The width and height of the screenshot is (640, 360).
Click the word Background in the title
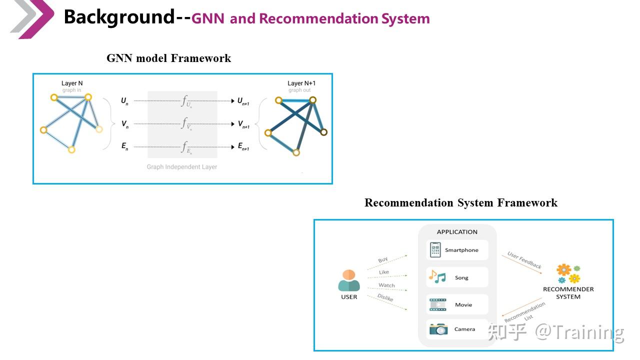119,17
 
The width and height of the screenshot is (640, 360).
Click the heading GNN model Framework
168,58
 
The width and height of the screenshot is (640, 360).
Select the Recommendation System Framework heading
460,203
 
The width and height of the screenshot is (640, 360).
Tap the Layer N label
72,83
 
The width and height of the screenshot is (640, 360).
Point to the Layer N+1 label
301,83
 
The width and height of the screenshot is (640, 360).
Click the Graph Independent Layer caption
182,167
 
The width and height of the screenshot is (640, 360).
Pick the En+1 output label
243,147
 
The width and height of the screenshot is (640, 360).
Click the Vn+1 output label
243,124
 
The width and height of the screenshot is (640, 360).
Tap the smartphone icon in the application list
435,250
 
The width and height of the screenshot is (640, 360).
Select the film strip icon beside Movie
438,304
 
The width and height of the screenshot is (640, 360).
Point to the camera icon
438,329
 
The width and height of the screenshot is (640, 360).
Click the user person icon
349,281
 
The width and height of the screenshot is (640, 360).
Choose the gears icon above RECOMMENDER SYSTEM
568,273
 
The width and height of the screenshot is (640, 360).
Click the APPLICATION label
457,232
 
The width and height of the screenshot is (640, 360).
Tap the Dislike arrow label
385,298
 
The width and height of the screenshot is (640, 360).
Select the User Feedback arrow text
524,260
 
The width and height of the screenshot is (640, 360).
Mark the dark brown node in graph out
323,132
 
